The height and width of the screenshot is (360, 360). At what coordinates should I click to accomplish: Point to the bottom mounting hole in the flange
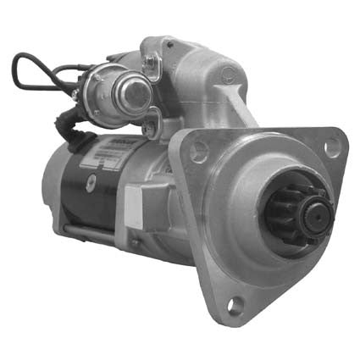point(234,304)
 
